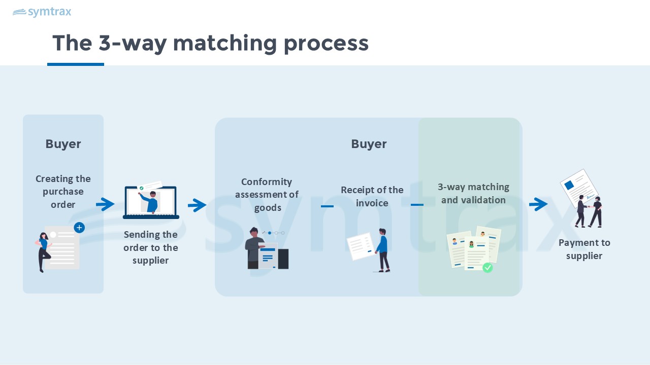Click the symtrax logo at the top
click(x=42, y=12)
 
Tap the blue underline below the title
click(x=76, y=64)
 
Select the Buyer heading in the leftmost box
click(x=63, y=144)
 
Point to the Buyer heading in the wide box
click(x=369, y=144)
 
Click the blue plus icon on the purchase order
click(x=79, y=228)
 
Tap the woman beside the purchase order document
click(x=44, y=251)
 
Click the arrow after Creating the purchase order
click(x=105, y=204)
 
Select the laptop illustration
click(x=151, y=202)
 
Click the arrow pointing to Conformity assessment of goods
click(x=197, y=205)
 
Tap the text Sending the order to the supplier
click(x=151, y=247)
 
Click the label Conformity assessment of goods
click(x=267, y=195)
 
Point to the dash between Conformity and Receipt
click(x=327, y=206)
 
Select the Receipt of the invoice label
click(x=372, y=196)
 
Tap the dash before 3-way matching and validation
click(x=417, y=205)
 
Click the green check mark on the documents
click(x=487, y=267)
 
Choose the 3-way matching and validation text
click(x=473, y=193)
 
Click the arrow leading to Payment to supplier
click(x=538, y=204)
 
